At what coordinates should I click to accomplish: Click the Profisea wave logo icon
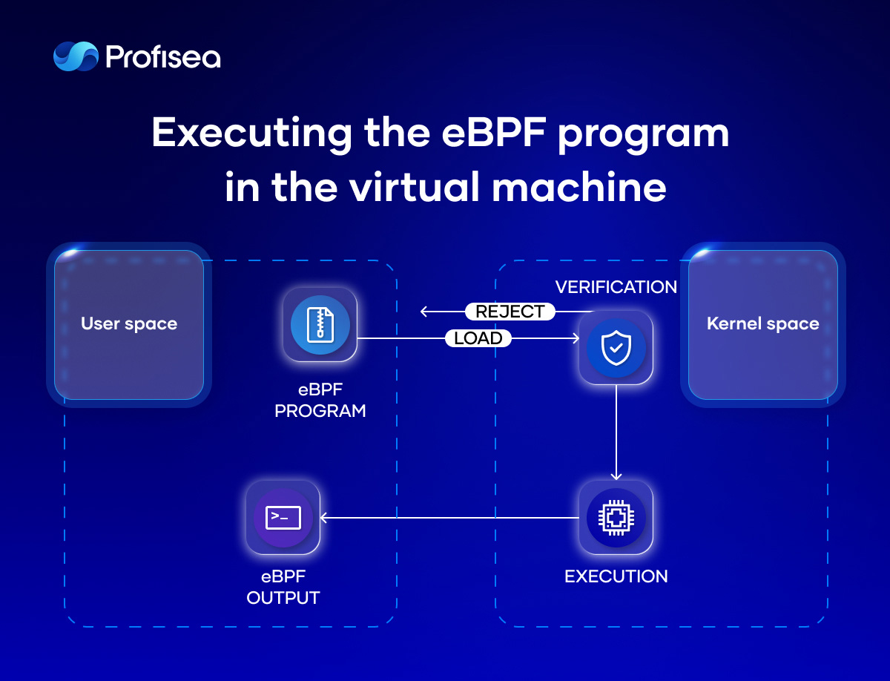[x=75, y=56]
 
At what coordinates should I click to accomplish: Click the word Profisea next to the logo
[x=163, y=57]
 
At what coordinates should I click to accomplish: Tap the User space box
[x=129, y=324]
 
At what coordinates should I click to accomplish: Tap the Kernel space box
[x=762, y=324]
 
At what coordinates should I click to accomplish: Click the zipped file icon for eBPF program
[x=320, y=324]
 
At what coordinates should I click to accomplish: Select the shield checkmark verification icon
[x=616, y=347]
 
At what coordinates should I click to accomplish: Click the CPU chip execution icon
[x=616, y=517]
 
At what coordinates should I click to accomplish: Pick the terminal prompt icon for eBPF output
[x=283, y=517]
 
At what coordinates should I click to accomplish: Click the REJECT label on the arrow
[x=510, y=312]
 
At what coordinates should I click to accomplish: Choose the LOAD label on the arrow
[x=478, y=339]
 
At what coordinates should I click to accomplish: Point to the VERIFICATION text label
[x=616, y=287]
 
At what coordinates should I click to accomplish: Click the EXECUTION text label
[x=616, y=576]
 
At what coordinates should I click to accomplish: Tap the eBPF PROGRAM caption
[x=320, y=400]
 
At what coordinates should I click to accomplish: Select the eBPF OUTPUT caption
[x=283, y=587]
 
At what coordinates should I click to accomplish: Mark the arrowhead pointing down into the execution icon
[x=616, y=476]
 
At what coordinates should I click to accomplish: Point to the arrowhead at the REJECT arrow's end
[x=424, y=312]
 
